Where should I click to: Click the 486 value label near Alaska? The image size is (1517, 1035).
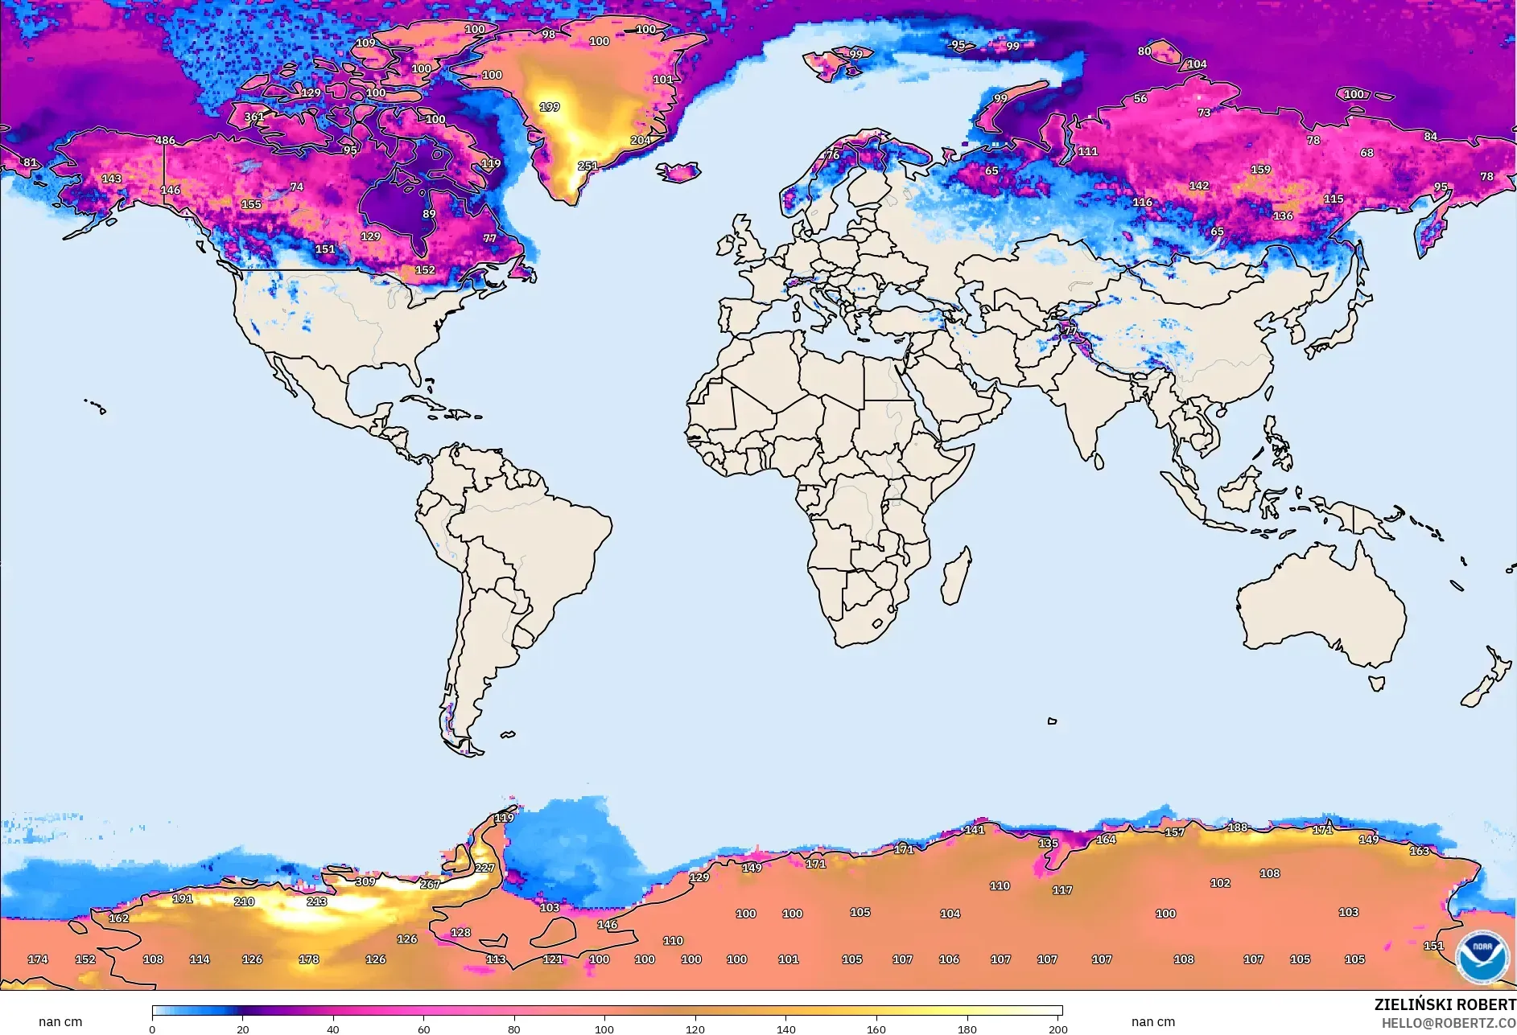165,140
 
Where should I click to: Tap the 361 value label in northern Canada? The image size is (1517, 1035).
254,117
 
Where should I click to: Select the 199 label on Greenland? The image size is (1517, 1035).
550,107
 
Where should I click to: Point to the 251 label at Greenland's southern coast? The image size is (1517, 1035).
587,166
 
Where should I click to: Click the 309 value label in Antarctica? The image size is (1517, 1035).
365,881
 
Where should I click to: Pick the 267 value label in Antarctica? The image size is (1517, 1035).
430,885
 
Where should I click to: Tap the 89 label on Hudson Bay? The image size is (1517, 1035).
429,214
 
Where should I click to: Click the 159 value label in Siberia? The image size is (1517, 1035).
1260,170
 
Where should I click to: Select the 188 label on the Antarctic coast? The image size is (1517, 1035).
1237,828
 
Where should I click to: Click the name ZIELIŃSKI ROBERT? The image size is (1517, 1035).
1445,1005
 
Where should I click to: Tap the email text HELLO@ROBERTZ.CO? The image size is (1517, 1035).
1449,1023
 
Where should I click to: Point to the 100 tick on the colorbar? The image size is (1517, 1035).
604,1029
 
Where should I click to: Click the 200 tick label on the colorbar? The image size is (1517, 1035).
1057,1029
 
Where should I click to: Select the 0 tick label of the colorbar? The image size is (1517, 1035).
152,1029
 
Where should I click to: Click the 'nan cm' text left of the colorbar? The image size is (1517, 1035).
60,1022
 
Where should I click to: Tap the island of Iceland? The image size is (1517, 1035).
678,172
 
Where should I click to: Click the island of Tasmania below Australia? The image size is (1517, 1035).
1377,684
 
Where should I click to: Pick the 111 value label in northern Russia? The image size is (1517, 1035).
1087,151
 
